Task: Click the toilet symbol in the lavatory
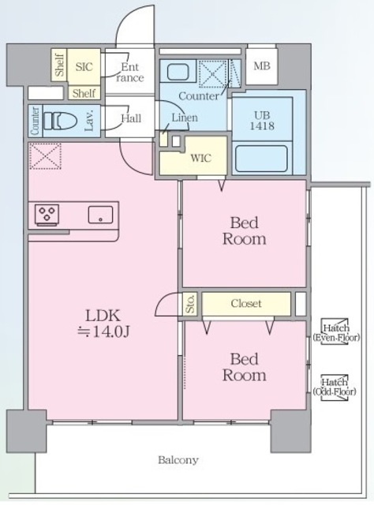point(60,121)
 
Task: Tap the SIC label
point(84,66)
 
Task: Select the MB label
point(262,66)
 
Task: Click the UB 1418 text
point(262,121)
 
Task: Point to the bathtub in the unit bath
point(261,159)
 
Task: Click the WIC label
point(201,158)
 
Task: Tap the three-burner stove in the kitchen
point(47,214)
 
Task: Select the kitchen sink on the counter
point(100,215)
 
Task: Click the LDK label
point(103,316)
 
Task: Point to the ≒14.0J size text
point(103,331)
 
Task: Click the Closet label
point(246,303)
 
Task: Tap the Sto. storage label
point(190,303)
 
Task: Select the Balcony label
point(178,459)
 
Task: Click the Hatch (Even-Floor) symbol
point(336,332)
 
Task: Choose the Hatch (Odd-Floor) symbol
point(335,387)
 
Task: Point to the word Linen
point(185,118)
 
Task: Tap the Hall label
point(131,118)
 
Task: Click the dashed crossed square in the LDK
point(45,156)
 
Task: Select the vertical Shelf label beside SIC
point(60,65)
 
